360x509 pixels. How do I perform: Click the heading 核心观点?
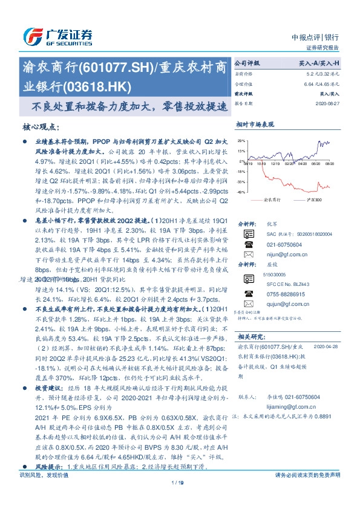tap(40, 128)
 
